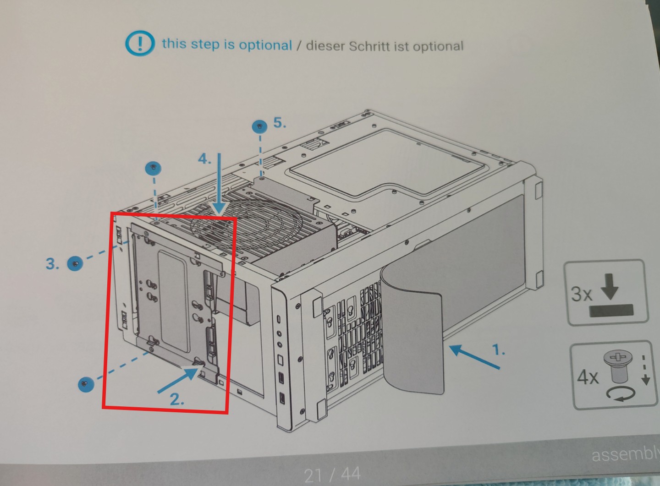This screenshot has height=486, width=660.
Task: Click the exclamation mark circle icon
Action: coord(140,44)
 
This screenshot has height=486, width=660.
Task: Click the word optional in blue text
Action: coord(265,45)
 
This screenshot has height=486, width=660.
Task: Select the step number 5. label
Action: coord(280,123)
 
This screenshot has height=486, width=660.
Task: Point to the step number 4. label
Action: coord(204,159)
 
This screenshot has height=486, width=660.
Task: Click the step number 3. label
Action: coord(52,263)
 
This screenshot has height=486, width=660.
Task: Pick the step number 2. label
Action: coord(177,399)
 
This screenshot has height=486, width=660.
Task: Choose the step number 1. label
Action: coord(499,349)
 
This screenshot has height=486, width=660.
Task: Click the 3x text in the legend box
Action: coord(581,294)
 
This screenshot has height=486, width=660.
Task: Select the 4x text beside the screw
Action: coord(588,377)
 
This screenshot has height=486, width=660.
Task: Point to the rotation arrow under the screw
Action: coord(621,394)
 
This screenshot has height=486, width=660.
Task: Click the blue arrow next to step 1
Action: coord(474,356)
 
